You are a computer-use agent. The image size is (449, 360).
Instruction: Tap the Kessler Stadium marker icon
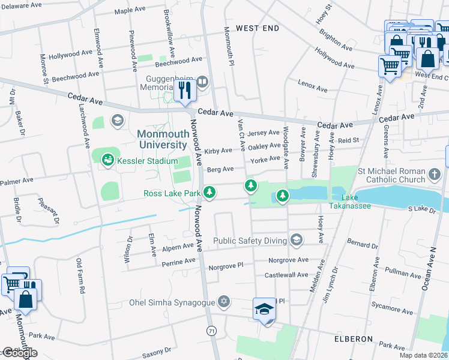[108, 159]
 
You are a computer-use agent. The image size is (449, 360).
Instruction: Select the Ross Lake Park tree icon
[209, 193]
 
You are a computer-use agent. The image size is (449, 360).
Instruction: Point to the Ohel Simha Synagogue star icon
[224, 300]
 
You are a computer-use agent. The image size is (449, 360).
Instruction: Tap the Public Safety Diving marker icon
[295, 241]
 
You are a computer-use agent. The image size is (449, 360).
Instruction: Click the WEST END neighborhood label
[258, 28]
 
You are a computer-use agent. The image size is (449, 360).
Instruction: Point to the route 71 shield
[211, 331]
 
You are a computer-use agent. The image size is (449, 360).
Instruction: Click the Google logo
[20, 353]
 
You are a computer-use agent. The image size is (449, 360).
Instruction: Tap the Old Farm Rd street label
[80, 275]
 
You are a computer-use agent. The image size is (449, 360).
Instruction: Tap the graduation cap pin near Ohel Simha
[264, 309]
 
